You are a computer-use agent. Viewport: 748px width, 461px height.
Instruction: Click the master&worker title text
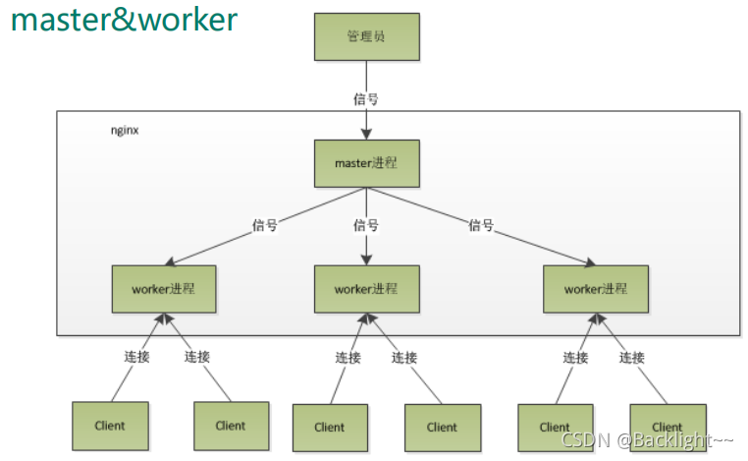(124, 20)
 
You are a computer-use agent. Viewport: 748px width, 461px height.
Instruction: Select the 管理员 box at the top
(366, 36)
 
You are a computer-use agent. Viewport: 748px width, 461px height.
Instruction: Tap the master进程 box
(366, 163)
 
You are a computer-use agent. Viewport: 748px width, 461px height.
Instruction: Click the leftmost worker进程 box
(164, 289)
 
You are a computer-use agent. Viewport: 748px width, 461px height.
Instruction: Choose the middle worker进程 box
(366, 289)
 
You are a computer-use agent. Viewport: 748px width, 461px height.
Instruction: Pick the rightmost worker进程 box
(596, 289)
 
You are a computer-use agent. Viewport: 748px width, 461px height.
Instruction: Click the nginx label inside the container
(123, 130)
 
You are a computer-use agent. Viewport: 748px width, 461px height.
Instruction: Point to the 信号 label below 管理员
(365, 98)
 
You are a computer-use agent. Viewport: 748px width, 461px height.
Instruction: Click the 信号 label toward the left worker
(265, 225)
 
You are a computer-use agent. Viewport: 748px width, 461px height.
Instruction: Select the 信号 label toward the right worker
(480, 225)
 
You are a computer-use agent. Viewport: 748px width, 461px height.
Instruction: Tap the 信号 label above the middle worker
(365, 225)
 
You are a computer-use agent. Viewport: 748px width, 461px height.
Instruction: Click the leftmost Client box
(110, 426)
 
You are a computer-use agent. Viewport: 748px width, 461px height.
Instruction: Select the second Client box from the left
(231, 426)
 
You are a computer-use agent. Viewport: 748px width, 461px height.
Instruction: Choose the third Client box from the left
(330, 427)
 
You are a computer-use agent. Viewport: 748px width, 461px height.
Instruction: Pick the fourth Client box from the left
(442, 427)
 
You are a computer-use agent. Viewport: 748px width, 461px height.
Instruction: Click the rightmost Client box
(668, 427)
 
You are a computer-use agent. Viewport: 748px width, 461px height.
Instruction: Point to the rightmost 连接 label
(631, 358)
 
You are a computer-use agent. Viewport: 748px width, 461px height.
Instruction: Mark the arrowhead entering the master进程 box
(366, 133)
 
